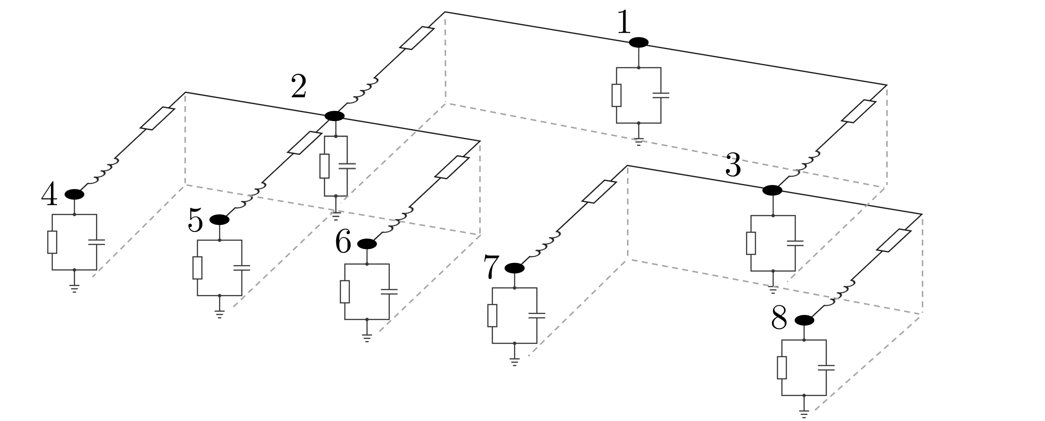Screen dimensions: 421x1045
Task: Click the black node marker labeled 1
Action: [x=638, y=42]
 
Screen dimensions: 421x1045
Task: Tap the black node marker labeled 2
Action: [x=335, y=116]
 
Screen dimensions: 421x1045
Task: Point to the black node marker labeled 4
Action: [x=74, y=195]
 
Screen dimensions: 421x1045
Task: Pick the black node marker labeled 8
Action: [x=804, y=320]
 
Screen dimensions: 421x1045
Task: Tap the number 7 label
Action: [x=491, y=267]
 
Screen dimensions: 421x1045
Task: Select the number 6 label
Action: [x=343, y=242]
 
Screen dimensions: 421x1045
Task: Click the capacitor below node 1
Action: [x=661, y=95]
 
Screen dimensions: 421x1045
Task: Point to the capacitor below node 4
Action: [x=96, y=242]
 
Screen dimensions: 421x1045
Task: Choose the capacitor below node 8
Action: [x=826, y=368]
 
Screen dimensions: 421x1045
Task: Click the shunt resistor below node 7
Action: [x=492, y=315]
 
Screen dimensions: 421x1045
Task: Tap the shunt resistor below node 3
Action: [x=751, y=243]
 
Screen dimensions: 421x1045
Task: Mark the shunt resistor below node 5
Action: [x=197, y=268]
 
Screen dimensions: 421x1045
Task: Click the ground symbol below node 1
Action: [x=638, y=142]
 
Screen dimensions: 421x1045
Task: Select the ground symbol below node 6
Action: [x=367, y=338]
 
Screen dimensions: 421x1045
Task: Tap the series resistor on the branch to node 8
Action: [x=894, y=241]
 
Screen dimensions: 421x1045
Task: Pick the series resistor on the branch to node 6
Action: [x=452, y=167]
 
